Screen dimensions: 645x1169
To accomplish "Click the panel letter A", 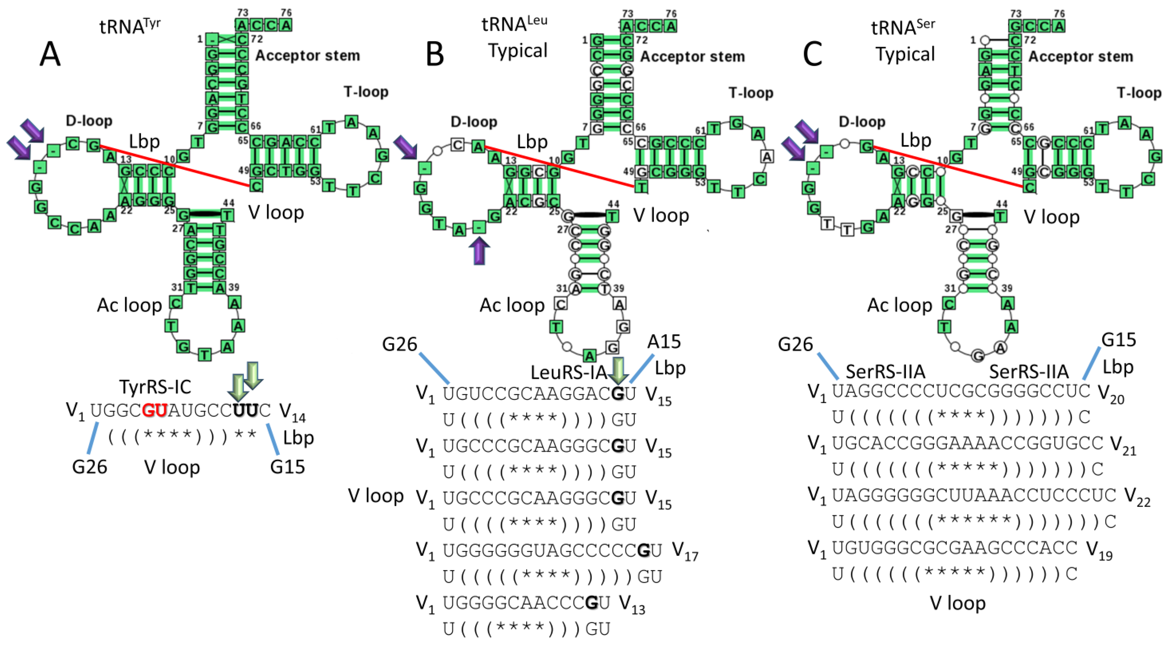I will [x=50, y=54].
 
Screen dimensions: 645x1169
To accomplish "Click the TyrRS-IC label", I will [x=155, y=387].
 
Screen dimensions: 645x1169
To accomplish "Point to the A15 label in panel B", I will [x=664, y=342].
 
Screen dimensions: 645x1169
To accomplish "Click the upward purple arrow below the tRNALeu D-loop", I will [x=479, y=251].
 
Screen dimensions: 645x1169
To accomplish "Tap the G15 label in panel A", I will [x=287, y=467].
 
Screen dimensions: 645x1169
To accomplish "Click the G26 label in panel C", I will [x=795, y=344].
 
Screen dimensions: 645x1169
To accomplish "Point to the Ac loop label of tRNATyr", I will [x=129, y=305].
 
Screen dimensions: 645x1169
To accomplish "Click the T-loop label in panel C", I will [x=1139, y=93].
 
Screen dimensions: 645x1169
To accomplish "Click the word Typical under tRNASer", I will [x=905, y=54].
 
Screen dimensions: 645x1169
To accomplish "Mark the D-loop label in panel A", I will [x=89, y=121].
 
